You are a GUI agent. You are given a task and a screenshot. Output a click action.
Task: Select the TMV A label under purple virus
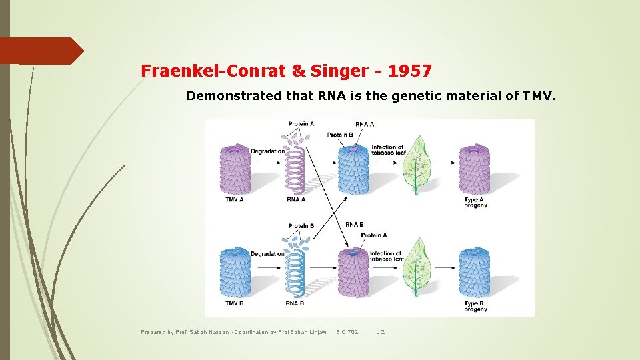(x=235, y=199)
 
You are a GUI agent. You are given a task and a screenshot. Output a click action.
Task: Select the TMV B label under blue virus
(x=235, y=303)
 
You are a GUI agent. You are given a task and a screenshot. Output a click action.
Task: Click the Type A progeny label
(x=475, y=202)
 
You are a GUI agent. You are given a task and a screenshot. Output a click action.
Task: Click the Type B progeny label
(x=475, y=306)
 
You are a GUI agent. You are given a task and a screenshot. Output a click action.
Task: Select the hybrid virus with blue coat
(x=354, y=171)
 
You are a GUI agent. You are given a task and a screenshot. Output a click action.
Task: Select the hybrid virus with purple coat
(x=354, y=273)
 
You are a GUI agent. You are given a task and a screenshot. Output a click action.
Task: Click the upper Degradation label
(x=267, y=151)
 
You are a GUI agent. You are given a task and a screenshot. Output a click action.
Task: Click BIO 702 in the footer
(x=347, y=331)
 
